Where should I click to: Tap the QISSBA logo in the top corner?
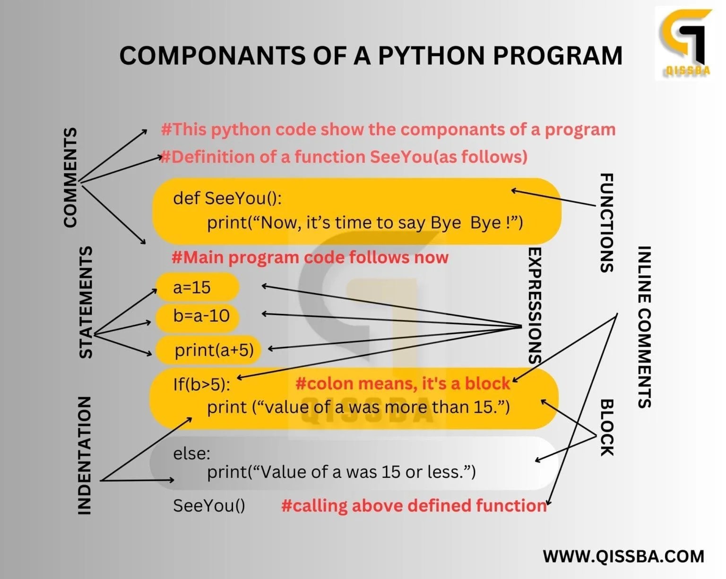pyautogui.click(x=684, y=43)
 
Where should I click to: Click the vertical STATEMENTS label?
pyautogui.click(x=85, y=302)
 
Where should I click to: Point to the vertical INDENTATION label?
pyautogui.click(x=84, y=455)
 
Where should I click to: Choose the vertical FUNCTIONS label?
pyautogui.click(x=606, y=222)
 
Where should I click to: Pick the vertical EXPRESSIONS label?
pyautogui.click(x=534, y=305)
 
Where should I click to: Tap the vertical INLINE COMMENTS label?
pyautogui.click(x=645, y=327)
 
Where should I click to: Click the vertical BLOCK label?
pyautogui.click(x=606, y=427)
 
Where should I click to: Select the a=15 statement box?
pyautogui.click(x=197, y=287)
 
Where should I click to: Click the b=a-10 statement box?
pyautogui.click(x=197, y=316)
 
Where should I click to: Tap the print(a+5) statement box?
pyautogui.click(x=208, y=350)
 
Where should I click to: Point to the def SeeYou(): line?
pyautogui.click(x=227, y=198)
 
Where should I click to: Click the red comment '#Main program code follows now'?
pyautogui.click(x=310, y=257)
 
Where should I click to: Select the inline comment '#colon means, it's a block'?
pyautogui.click(x=403, y=383)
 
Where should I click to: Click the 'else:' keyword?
pyautogui.click(x=191, y=453)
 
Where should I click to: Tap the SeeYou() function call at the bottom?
pyautogui.click(x=209, y=505)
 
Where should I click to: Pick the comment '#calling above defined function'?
pyautogui.click(x=414, y=505)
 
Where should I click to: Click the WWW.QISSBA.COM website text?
pyautogui.click(x=623, y=556)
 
